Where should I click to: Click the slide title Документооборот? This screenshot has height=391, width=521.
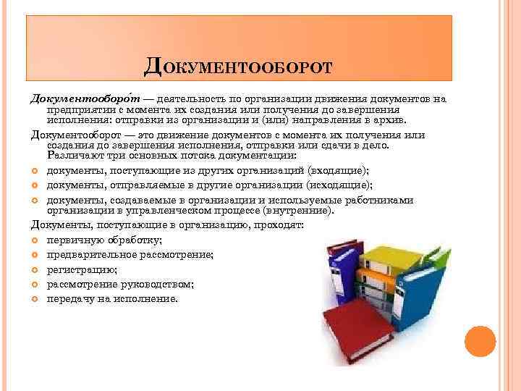(x=238, y=67)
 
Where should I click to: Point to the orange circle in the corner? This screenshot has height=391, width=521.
(x=480, y=340)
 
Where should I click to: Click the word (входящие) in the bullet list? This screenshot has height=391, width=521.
(x=338, y=171)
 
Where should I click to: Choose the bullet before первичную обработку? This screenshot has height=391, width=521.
(x=36, y=240)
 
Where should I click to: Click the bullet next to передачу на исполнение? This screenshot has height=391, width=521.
(x=36, y=298)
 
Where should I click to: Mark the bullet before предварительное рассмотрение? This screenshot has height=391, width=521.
(x=36, y=255)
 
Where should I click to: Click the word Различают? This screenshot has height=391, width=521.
(x=72, y=156)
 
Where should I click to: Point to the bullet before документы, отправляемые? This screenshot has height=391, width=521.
(x=36, y=185)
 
